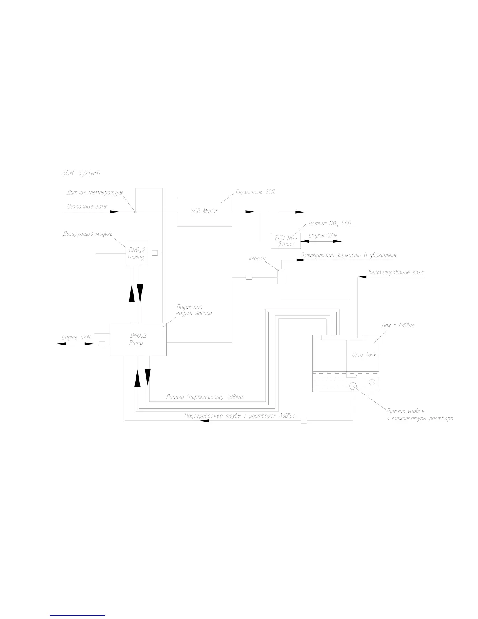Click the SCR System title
pyautogui.click(x=81, y=173)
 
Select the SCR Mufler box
pyautogui.click(x=205, y=212)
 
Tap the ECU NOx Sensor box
pyautogui.click(x=286, y=241)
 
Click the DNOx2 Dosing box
pyautogui.click(x=136, y=252)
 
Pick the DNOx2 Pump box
pyautogui.click(x=138, y=339)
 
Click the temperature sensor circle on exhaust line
pyautogui.click(x=136, y=212)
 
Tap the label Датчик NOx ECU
pyautogui.click(x=326, y=224)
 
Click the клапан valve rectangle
pyautogui.click(x=281, y=277)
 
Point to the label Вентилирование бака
pyautogui.click(x=396, y=272)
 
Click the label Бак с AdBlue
pyautogui.click(x=398, y=325)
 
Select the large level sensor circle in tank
pyautogui.click(x=353, y=386)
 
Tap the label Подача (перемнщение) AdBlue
pyautogui.click(x=204, y=397)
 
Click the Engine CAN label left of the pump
pyautogui.click(x=76, y=337)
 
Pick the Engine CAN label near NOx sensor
pyautogui.click(x=323, y=235)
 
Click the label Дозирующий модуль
pyautogui.click(x=87, y=234)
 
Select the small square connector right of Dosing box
pyautogui.click(x=155, y=253)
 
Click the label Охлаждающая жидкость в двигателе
pyautogui.click(x=348, y=255)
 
